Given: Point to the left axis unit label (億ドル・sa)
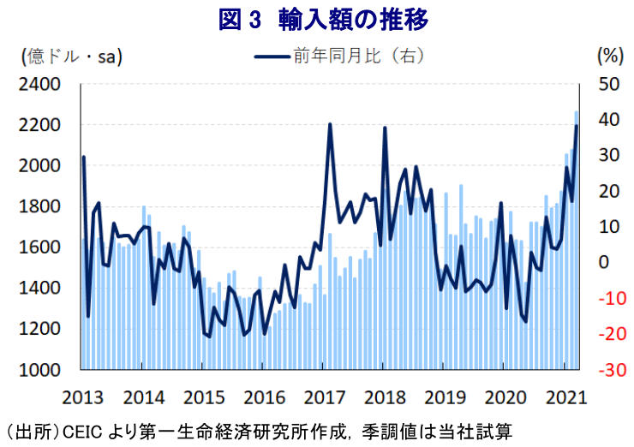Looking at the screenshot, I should coord(70,57).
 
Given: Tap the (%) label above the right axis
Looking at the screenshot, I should coord(607,57).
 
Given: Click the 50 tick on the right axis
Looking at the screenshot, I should coord(607,85).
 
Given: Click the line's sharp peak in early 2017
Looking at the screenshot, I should coord(330,125).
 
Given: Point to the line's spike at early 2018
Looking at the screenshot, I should coord(385,128).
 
